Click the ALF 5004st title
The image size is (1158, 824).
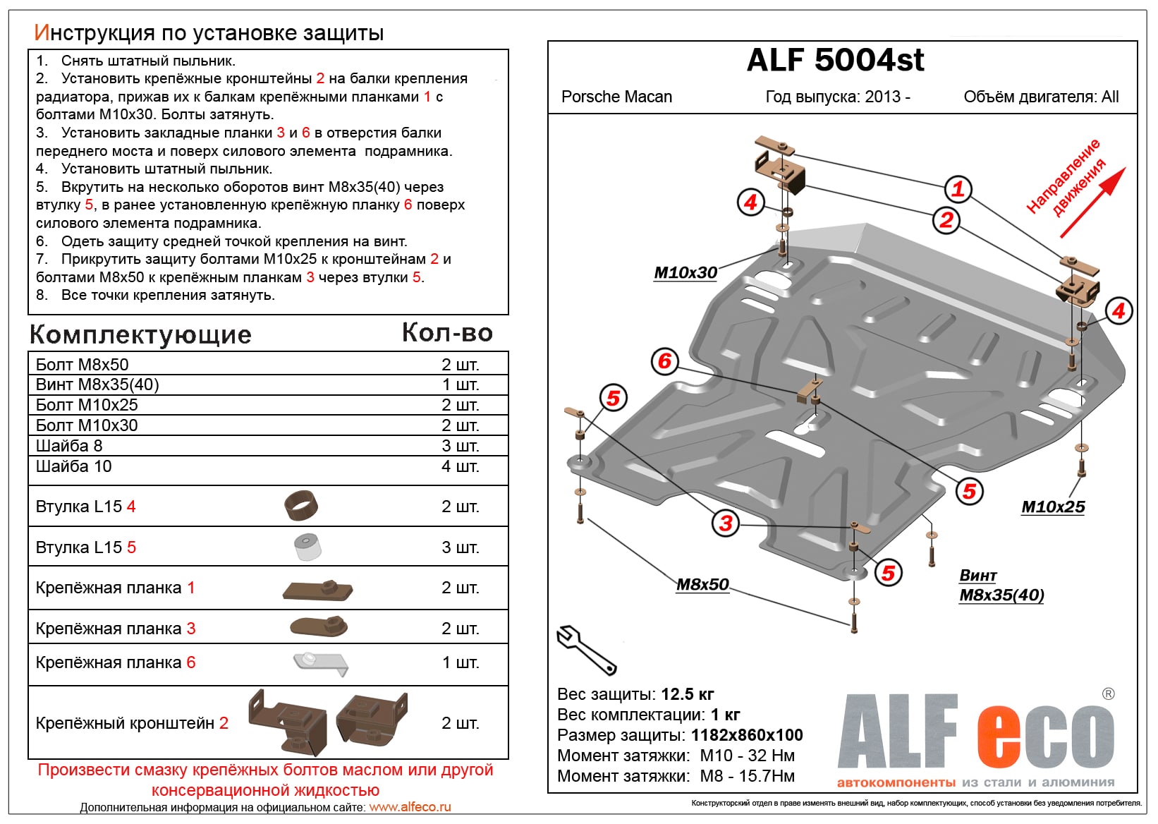tap(835, 61)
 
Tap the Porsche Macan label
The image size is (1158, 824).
tap(616, 97)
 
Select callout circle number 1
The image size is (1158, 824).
tap(958, 189)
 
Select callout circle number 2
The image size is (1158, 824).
tap(946, 220)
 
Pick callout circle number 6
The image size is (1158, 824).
tap(664, 361)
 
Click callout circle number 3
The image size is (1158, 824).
tap(726, 523)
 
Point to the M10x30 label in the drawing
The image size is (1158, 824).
tap(685, 273)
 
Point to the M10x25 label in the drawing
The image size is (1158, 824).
tap(1053, 507)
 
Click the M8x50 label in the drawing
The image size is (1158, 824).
tap(702, 584)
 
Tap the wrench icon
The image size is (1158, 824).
tap(585, 649)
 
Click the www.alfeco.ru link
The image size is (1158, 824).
tap(410, 807)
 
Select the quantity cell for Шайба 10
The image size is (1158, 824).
tap(460, 466)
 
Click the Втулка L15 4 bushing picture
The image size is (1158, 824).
tap(301, 505)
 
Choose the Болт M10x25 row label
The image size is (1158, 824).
tap(87, 405)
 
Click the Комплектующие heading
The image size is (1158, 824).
tap(140, 334)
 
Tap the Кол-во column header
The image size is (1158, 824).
tap(447, 333)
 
